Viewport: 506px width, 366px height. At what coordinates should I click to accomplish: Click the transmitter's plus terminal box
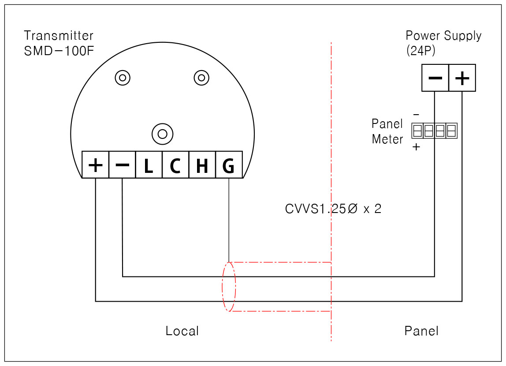96,164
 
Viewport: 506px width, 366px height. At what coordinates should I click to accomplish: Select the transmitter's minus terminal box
122,164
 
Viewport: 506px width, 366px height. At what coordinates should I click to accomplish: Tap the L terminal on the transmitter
149,164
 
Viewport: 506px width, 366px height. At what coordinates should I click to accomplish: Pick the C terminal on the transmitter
175,164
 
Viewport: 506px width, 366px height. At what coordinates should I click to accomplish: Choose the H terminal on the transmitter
202,164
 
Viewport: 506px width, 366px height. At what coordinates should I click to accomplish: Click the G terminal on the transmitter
229,164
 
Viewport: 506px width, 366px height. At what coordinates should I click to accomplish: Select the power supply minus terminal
435,78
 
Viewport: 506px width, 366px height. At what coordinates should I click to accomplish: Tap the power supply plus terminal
462,78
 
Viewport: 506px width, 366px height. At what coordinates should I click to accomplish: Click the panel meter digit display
434,131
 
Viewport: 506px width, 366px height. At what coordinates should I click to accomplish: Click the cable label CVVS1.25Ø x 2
333,209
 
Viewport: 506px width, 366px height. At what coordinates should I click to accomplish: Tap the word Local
182,331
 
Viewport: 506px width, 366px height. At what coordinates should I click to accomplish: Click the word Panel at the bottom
421,331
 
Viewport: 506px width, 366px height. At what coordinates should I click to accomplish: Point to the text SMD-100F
59,51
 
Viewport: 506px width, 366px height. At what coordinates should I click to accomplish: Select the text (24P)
421,51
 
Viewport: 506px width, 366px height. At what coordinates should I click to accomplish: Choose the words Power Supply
443,36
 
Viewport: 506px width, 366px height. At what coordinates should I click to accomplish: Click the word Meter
387,139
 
